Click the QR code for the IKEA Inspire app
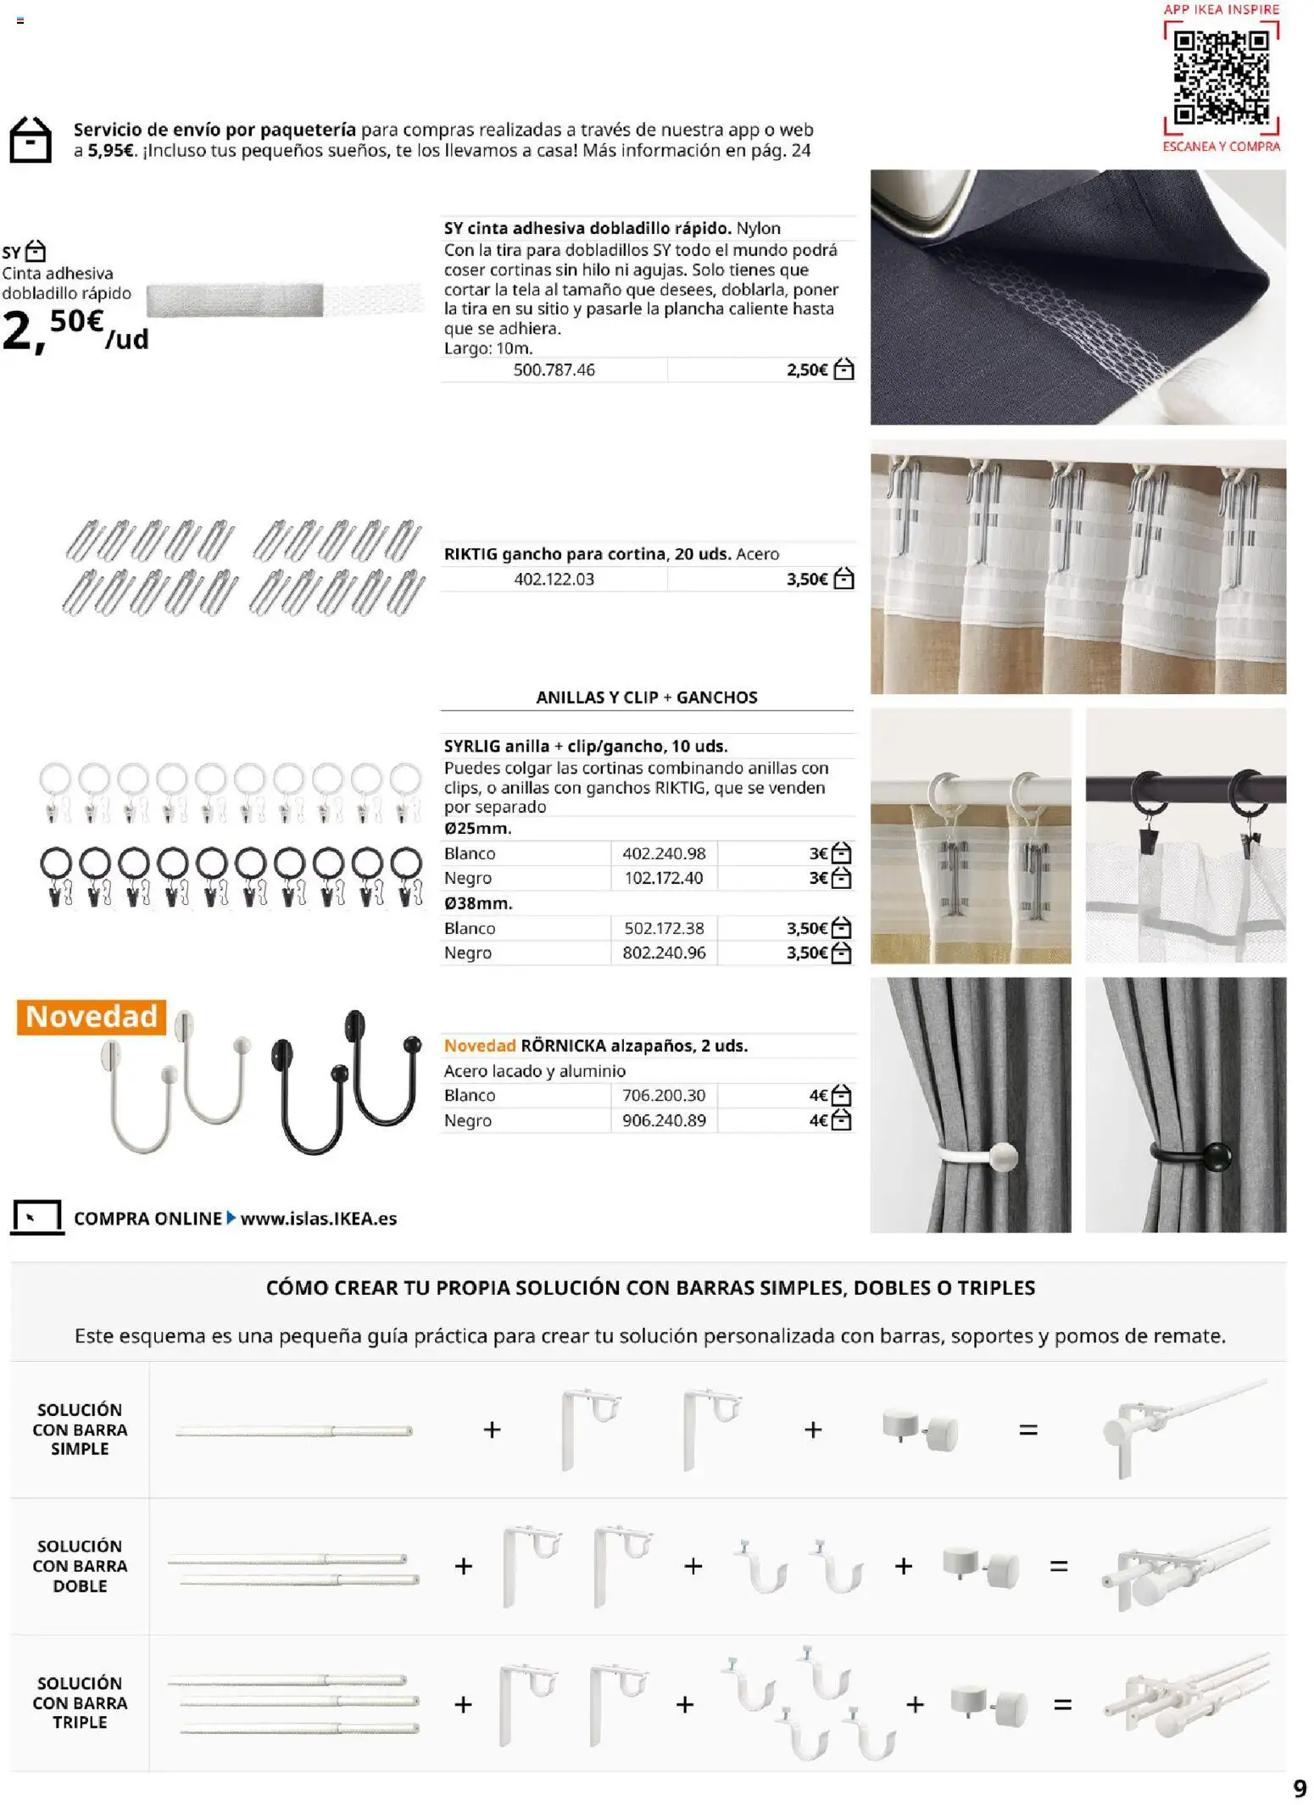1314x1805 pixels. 1221,77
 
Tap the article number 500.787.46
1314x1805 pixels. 554,370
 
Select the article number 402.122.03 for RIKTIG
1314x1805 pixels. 554,580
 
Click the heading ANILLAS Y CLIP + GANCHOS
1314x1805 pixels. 646,697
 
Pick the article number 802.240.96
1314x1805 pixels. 664,953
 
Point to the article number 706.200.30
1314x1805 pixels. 664,1096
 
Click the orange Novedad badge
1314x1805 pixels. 92,1016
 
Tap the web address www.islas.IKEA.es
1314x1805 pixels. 319,1219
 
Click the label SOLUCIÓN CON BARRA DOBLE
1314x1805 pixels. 80,1566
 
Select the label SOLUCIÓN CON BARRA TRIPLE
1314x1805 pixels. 80,1702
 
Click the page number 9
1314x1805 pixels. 1300,1788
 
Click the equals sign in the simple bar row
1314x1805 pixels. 1028,1430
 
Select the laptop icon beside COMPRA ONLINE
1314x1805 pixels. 36,1218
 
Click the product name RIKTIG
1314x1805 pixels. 470,554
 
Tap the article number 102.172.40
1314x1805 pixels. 664,879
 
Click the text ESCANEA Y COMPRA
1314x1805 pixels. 1221,147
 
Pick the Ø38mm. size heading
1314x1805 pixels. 478,903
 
